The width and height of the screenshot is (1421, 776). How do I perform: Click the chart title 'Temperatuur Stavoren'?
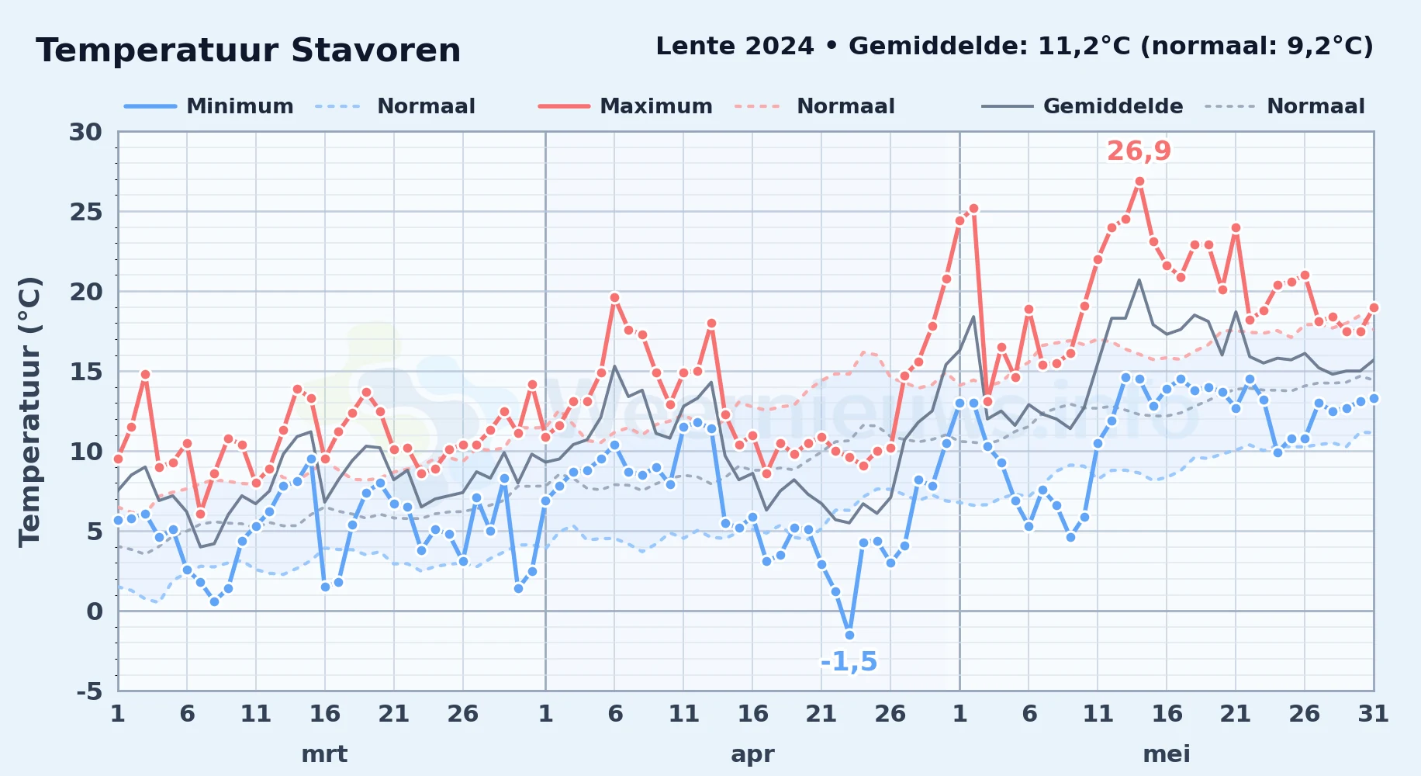[x=248, y=50]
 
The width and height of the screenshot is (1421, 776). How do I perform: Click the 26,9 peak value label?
[x=1139, y=151]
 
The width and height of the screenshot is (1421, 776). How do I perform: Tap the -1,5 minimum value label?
[x=849, y=662]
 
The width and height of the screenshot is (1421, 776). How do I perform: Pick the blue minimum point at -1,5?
[x=849, y=635]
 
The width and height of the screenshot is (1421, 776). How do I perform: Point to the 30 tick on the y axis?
[x=85, y=132]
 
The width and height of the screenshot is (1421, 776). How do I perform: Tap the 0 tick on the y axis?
[x=94, y=611]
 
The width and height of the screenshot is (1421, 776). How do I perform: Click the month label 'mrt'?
[x=324, y=753]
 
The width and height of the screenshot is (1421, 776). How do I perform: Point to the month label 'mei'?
[x=1167, y=753]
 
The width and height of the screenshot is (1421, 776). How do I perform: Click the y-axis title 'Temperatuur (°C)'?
[x=29, y=411]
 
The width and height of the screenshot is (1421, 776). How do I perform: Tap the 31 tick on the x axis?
[x=1373, y=714]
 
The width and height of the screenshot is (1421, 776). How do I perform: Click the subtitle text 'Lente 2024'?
[x=735, y=46]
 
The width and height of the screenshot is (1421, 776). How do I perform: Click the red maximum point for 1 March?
[x=118, y=459]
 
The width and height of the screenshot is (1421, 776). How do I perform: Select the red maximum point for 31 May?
[x=1374, y=307]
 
